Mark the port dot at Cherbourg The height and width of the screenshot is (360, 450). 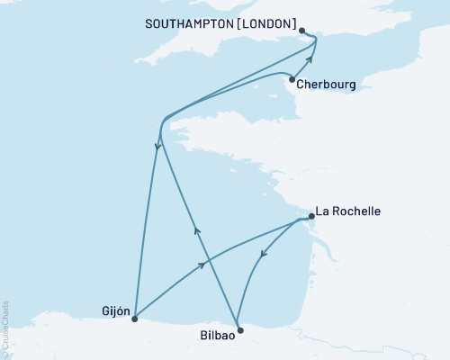(x=292, y=79)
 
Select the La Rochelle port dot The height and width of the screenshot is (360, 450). (x=310, y=216)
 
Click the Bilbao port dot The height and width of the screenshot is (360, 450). (x=238, y=329)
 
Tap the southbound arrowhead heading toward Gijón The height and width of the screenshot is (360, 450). (x=156, y=148)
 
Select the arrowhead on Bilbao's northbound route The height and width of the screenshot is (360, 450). (x=197, y=231)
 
